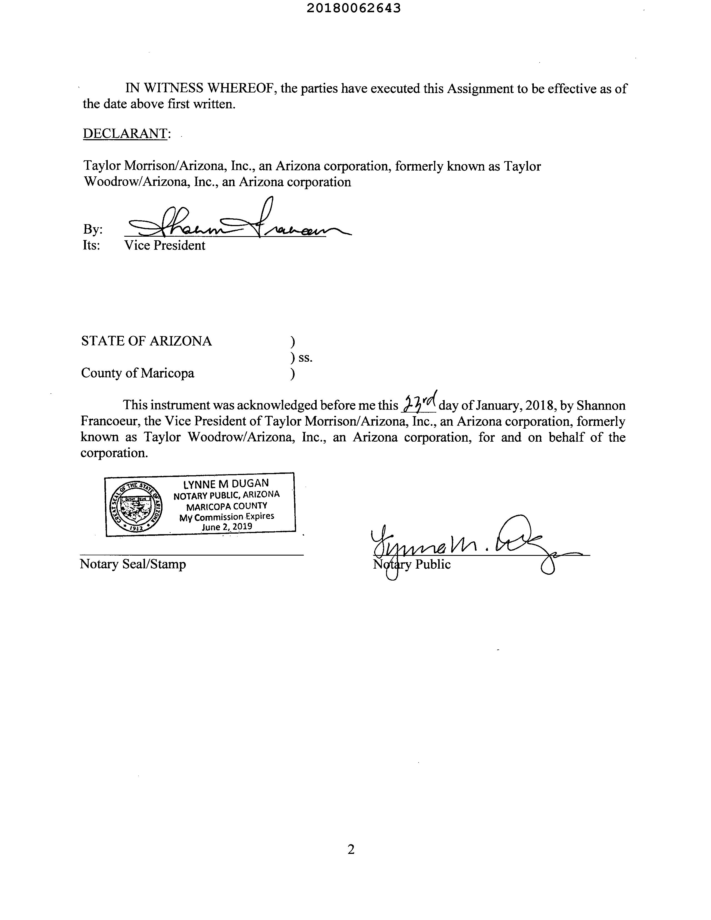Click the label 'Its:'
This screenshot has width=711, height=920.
(91, 245)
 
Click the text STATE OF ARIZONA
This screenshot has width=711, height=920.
(146, 341)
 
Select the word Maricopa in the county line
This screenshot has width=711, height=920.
(167, 373)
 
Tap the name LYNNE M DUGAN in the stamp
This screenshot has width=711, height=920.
(226, 484)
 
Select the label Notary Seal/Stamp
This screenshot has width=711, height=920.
(133, 564)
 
